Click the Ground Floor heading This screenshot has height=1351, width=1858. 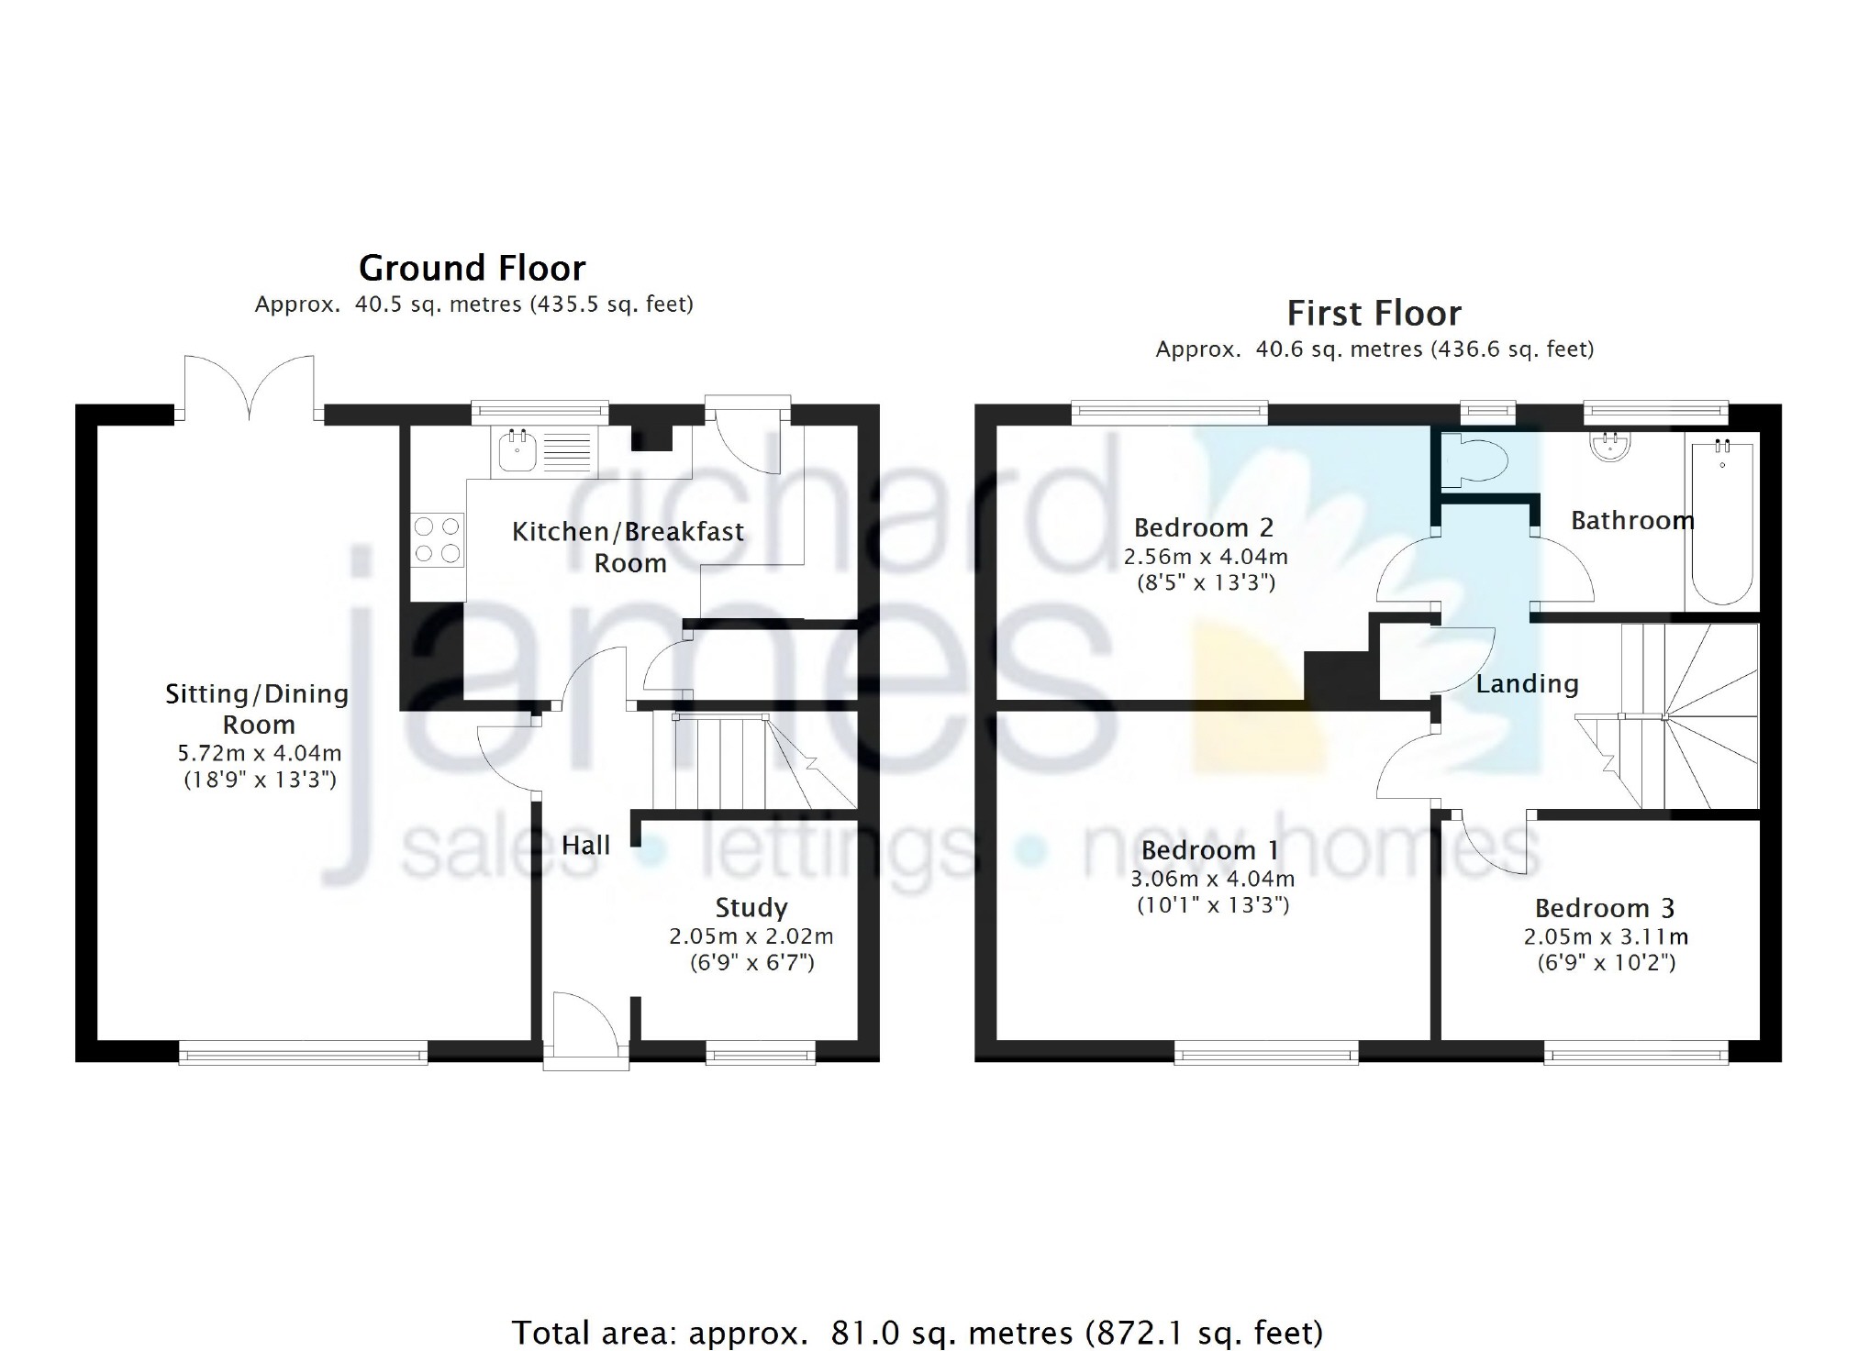point(472,269)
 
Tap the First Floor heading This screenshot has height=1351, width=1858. point(1374,314)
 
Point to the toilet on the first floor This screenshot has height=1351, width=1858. point(1472,459)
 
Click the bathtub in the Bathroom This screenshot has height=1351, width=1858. point(1721,521)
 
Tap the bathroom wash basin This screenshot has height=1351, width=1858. point(1610,446)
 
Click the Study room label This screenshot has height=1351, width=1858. point(751,908)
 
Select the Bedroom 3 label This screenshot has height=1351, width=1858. point(1605,909)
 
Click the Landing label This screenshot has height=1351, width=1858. point(1527,684)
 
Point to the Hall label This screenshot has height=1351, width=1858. point(585,845)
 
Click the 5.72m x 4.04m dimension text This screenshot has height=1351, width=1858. point(260,754)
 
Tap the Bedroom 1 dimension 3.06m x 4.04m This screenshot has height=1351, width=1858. point(1213,879)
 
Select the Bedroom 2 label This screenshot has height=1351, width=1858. point(1204,528)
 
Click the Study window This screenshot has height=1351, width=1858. point(761,1053)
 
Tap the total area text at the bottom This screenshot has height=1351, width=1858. point(917,1332)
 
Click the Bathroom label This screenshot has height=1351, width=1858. point(1632,521)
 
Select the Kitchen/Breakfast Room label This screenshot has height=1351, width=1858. point(629,548)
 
